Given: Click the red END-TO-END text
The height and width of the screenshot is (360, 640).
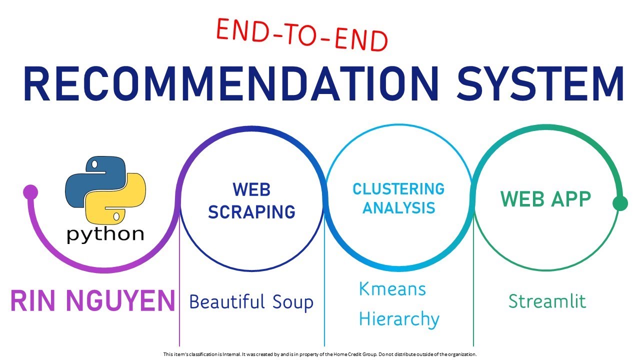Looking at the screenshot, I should [302, 34].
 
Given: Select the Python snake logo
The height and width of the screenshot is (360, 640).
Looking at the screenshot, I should [105, 190].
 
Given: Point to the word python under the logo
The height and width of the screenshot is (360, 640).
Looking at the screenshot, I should [105, 233].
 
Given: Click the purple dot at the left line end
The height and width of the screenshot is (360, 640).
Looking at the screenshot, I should [30, 192].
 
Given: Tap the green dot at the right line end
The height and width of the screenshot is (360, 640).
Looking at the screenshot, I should [620, 203].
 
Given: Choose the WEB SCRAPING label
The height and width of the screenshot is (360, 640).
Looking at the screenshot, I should [251, 200].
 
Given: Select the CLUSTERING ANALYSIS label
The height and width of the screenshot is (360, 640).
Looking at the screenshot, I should [398, 198].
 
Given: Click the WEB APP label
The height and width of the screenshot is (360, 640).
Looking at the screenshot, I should [545, 198].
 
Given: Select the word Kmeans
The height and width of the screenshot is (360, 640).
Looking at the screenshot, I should [392, 288].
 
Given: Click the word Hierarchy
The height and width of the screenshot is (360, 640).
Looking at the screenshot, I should [399, 318].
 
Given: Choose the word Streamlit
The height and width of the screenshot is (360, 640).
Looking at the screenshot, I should [547, 301].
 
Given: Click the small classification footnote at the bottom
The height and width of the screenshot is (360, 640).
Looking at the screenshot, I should [320, 354].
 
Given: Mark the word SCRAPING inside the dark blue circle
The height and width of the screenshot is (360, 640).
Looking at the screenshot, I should [251, 211].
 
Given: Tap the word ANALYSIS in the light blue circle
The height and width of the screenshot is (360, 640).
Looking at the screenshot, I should [398, 207].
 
